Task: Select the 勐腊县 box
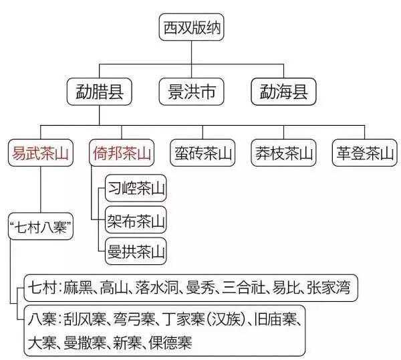(99, 92)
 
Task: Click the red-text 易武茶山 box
(41, 153)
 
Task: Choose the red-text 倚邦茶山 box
(120, 153)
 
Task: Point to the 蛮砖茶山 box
(202, 153)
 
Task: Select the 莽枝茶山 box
(284, 153)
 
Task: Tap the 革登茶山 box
(364, 153)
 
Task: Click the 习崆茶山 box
(136, 189)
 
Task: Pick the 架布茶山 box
(136, 220)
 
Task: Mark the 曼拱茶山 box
(136, 252)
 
